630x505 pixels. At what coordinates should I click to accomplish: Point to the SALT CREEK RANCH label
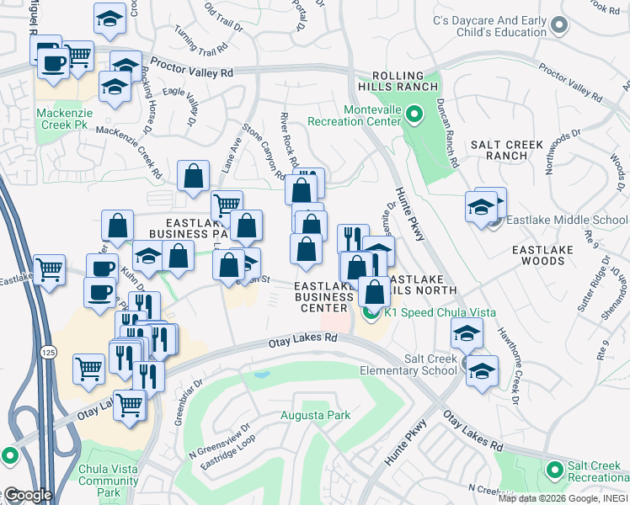click(507, 150)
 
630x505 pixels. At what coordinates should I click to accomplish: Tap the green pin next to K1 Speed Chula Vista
click(371, 312)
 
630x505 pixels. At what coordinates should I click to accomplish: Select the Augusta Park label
click(314, 415)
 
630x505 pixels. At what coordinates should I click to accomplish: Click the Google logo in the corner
click(27, 494)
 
